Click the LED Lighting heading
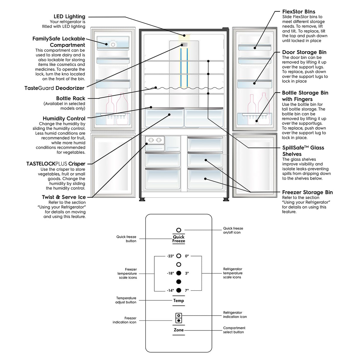69,17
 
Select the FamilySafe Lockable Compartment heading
59,42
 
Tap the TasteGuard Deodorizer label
54,88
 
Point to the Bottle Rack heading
71,98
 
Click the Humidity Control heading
64,118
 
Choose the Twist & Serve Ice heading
64,197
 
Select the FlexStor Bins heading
299,12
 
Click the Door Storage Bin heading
304,52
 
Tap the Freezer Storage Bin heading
307,192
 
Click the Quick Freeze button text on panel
179,239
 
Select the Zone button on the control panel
179,330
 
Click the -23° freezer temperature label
170,256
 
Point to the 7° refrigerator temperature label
187,290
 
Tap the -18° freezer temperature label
170,273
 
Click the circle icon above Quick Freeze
179,230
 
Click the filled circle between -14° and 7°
179,290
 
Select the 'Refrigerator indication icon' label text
235,315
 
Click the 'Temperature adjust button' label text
126,300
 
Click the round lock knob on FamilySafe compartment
113,44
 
